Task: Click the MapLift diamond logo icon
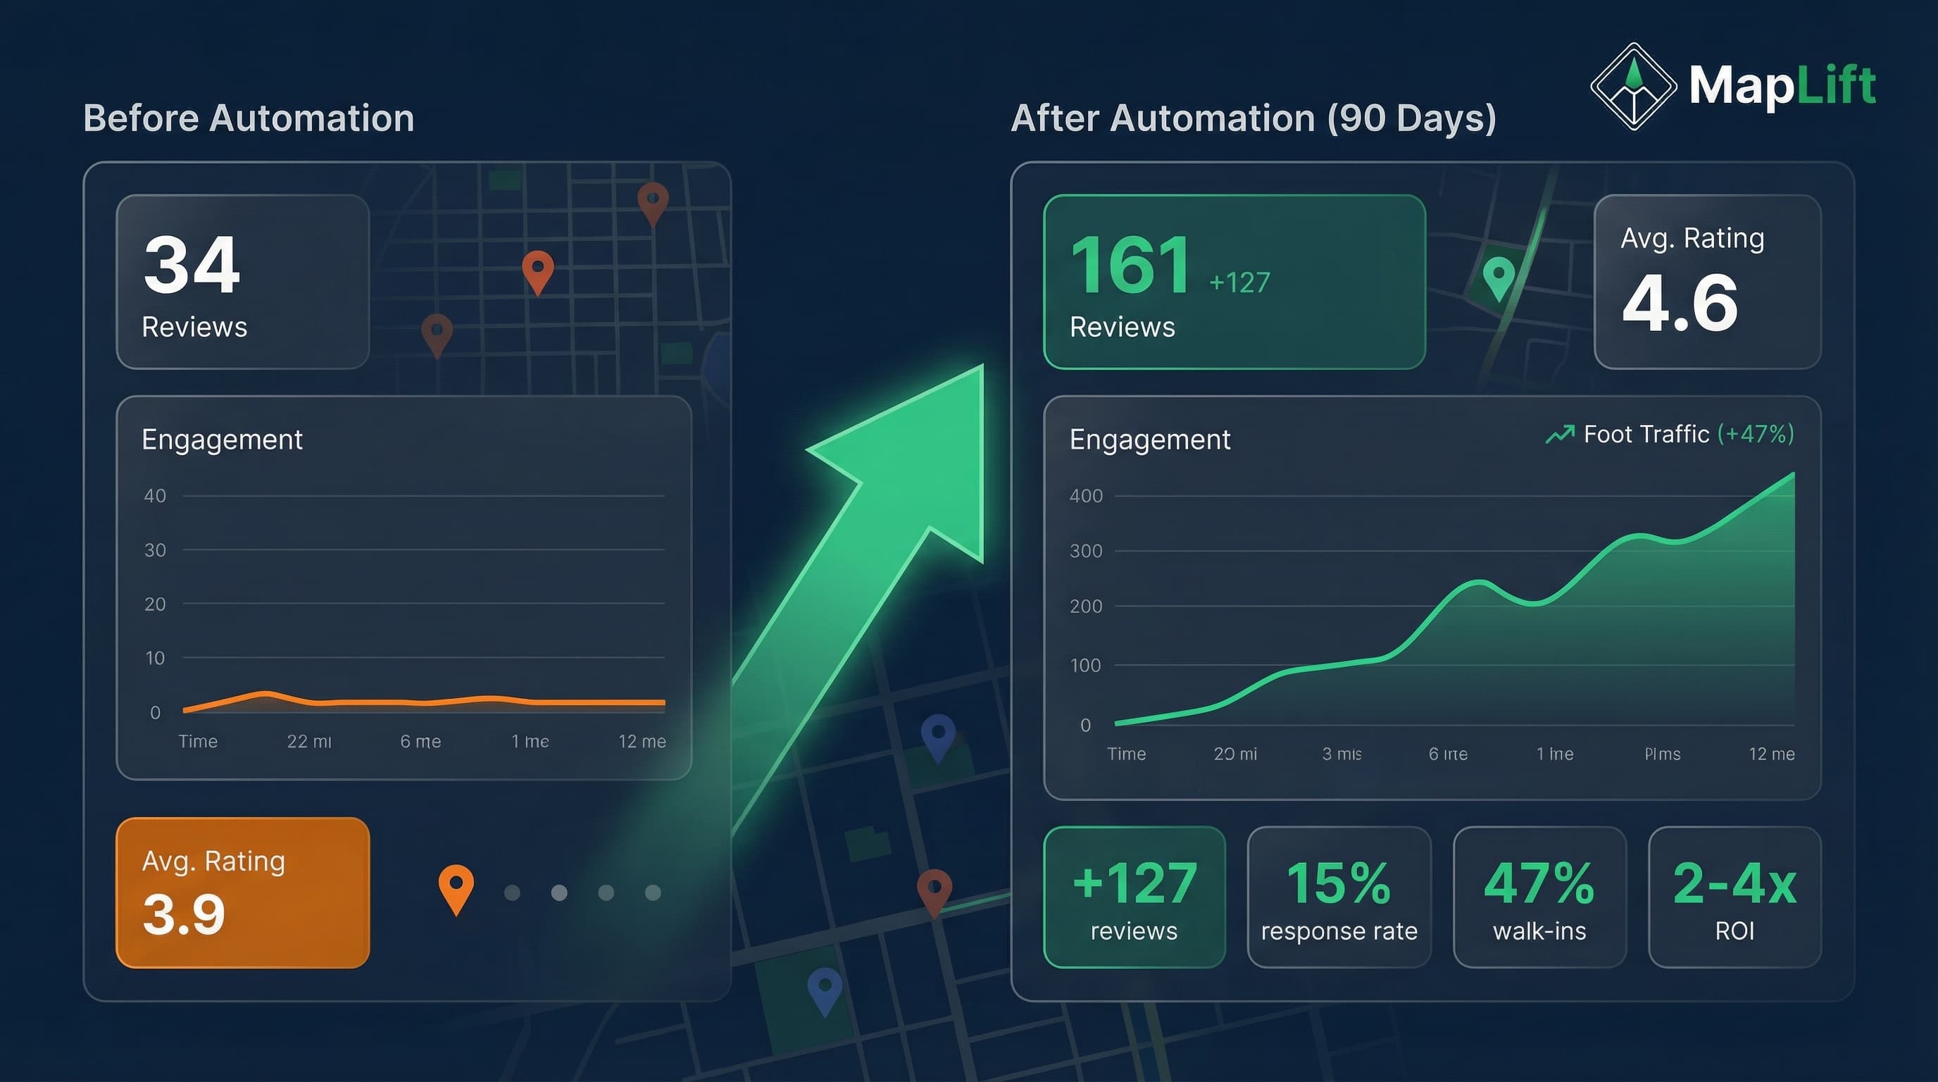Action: [1633, 87]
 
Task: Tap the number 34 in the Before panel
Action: [192, 265]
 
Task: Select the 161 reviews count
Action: [1130, 265]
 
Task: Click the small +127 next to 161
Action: [1239, 283]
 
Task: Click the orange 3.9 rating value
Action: [184, 914]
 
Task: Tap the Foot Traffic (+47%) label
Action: [1670, 434]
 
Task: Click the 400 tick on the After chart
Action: [1086, 496]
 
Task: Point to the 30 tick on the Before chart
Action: [155, 550]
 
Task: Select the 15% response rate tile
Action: [1339, 897]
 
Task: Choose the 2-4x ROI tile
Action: [1734, 897]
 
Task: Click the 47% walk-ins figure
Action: [1539, 883]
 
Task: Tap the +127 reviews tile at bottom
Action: [1134, 897]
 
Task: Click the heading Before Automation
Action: [249, 118]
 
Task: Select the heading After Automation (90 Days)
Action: [1253, 118]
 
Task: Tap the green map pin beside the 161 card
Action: [1498, 277]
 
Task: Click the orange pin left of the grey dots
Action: [456, 888]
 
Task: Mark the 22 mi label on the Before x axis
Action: [308, 741]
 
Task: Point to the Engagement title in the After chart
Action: [1149, 440]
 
